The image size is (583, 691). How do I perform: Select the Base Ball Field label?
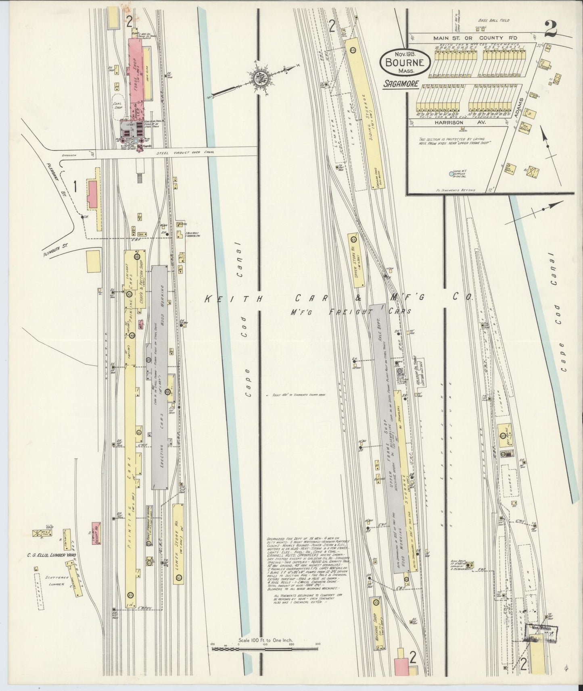point(494,20)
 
